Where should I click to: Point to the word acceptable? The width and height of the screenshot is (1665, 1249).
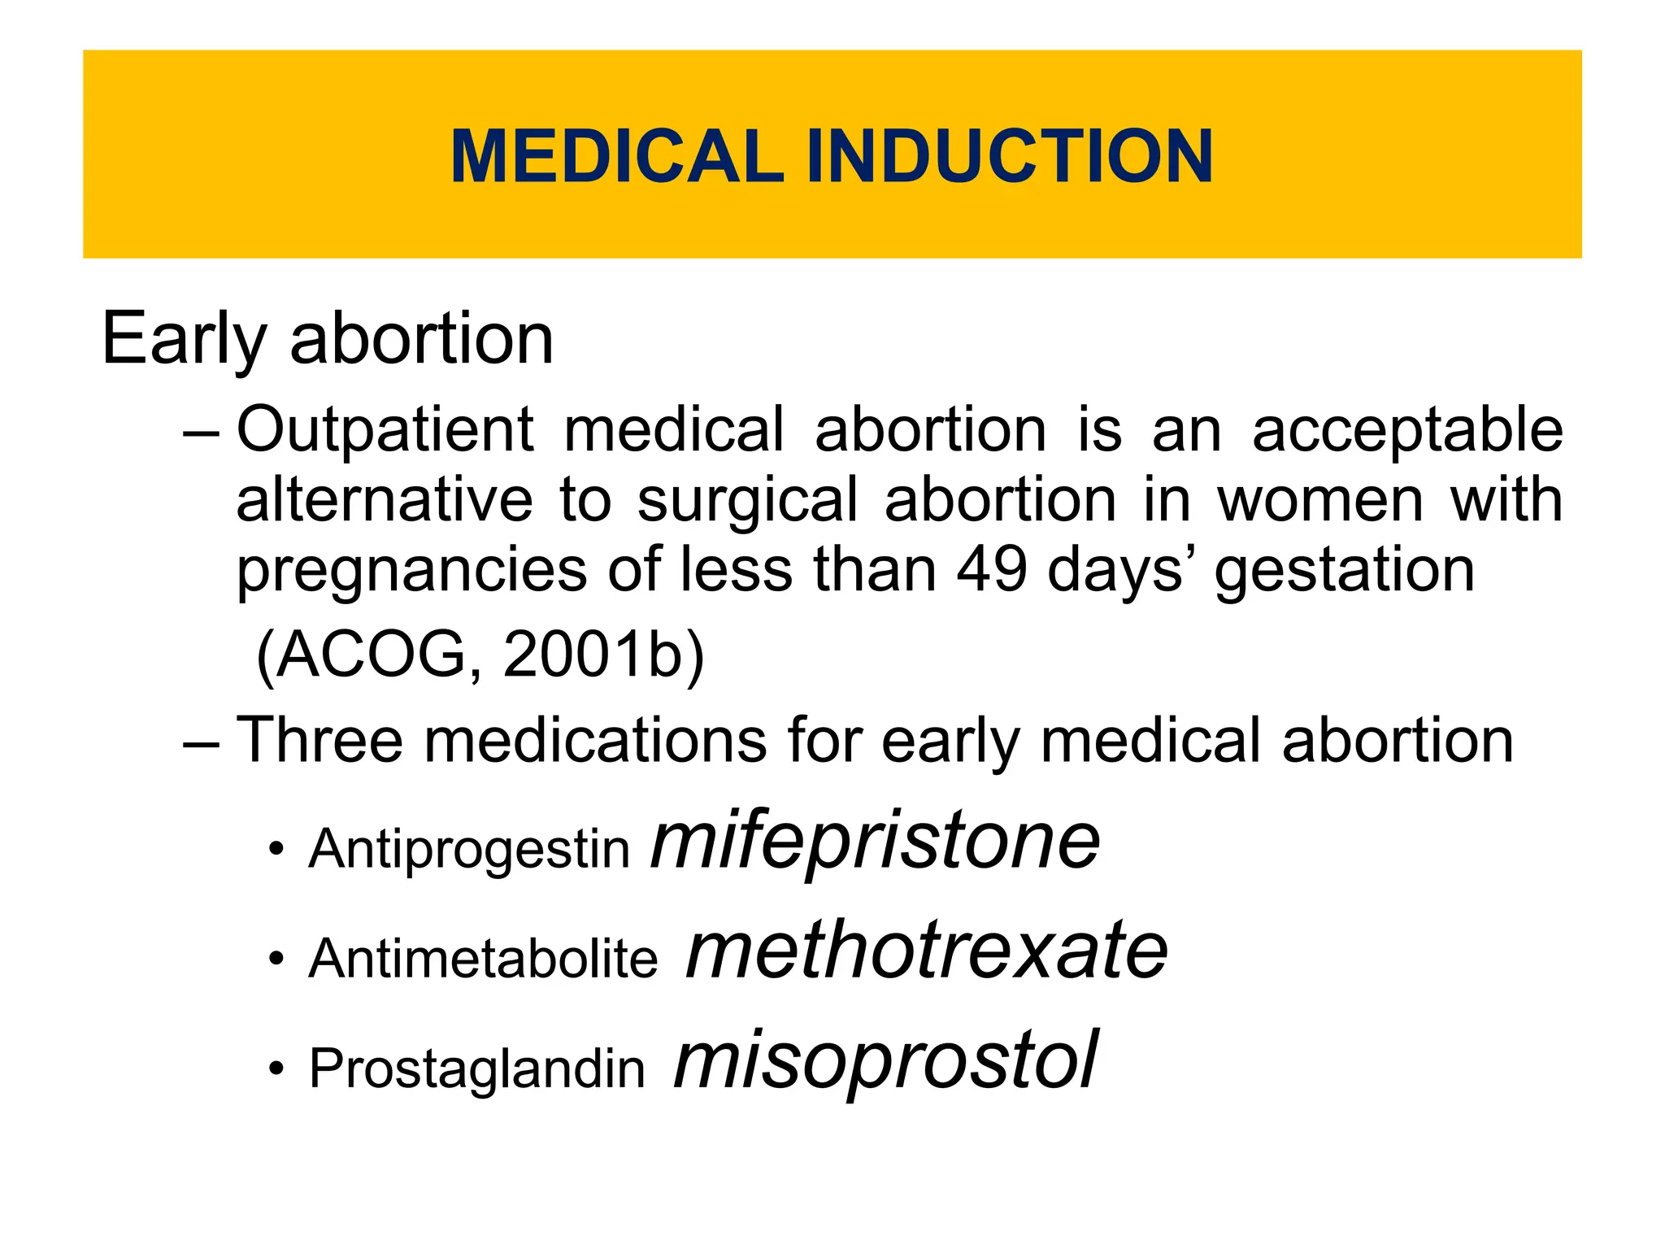1406,431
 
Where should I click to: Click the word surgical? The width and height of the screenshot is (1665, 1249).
747,501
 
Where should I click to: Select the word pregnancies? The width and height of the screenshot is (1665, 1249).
411,571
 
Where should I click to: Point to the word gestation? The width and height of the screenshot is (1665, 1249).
1344,571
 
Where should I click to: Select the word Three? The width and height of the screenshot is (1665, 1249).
320,740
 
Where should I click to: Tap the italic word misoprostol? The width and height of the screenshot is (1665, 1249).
886,1060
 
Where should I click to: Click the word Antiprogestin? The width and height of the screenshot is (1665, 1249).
469,849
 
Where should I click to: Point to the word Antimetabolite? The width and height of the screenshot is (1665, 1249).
483,958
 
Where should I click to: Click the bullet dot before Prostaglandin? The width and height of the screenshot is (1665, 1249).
277,1068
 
